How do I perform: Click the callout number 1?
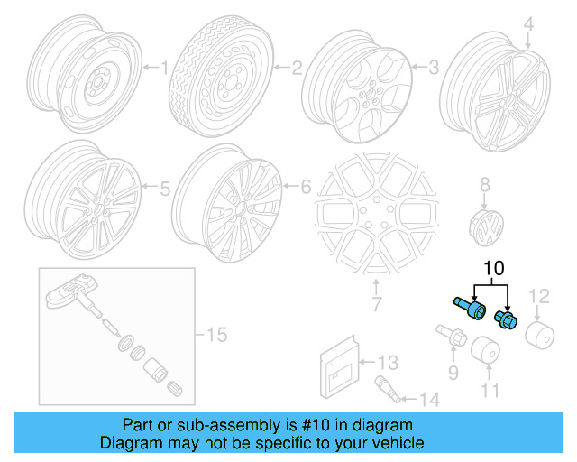[163, 67]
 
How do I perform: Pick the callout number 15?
[216, 336]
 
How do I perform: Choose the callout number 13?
[386, 363]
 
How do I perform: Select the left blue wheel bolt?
[467, 307]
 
